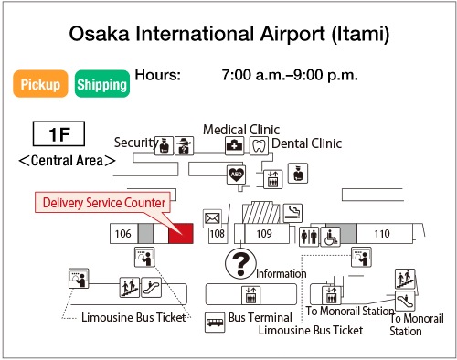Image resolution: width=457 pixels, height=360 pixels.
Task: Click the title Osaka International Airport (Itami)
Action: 229,34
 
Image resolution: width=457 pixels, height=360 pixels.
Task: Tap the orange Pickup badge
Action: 41,84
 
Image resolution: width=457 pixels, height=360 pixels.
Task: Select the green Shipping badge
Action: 101,84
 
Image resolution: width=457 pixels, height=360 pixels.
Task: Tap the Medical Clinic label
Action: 241,130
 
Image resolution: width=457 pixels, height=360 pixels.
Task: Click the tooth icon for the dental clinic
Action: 258,144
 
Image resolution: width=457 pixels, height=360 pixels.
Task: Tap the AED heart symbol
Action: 236,173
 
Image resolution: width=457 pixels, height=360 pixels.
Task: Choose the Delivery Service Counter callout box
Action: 103,202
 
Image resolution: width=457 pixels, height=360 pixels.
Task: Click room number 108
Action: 218,234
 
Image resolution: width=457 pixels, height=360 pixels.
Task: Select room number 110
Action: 381,234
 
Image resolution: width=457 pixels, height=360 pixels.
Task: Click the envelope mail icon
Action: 213,217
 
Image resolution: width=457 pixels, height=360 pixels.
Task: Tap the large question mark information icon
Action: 239,264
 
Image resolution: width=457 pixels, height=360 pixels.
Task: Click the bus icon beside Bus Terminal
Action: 215,322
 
